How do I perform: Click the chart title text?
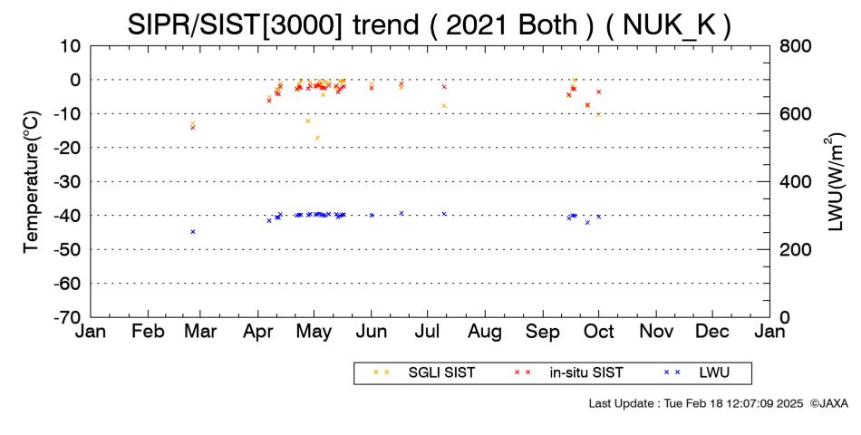(429, 25)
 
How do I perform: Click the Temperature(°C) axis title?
(32, 182)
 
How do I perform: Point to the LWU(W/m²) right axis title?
(835, 182)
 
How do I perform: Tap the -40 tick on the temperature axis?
(66, 216)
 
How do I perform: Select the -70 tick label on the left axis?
(66, 317)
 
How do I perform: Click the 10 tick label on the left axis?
(71, 46)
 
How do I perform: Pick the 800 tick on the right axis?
(795, 46)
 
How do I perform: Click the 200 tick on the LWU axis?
(795, 249)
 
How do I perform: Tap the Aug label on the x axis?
(485, 333)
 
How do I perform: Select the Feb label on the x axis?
(149, 332)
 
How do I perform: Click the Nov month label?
(656, 332)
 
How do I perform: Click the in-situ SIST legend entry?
(567, 373)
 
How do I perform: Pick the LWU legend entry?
(696, 373)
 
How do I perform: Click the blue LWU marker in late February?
(193, 232)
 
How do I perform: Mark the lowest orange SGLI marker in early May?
(317, 138)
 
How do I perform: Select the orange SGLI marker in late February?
(193, 123)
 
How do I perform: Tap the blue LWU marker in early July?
(444, 214)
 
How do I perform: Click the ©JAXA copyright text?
(828, 403)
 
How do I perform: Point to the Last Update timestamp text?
(696, 403)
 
